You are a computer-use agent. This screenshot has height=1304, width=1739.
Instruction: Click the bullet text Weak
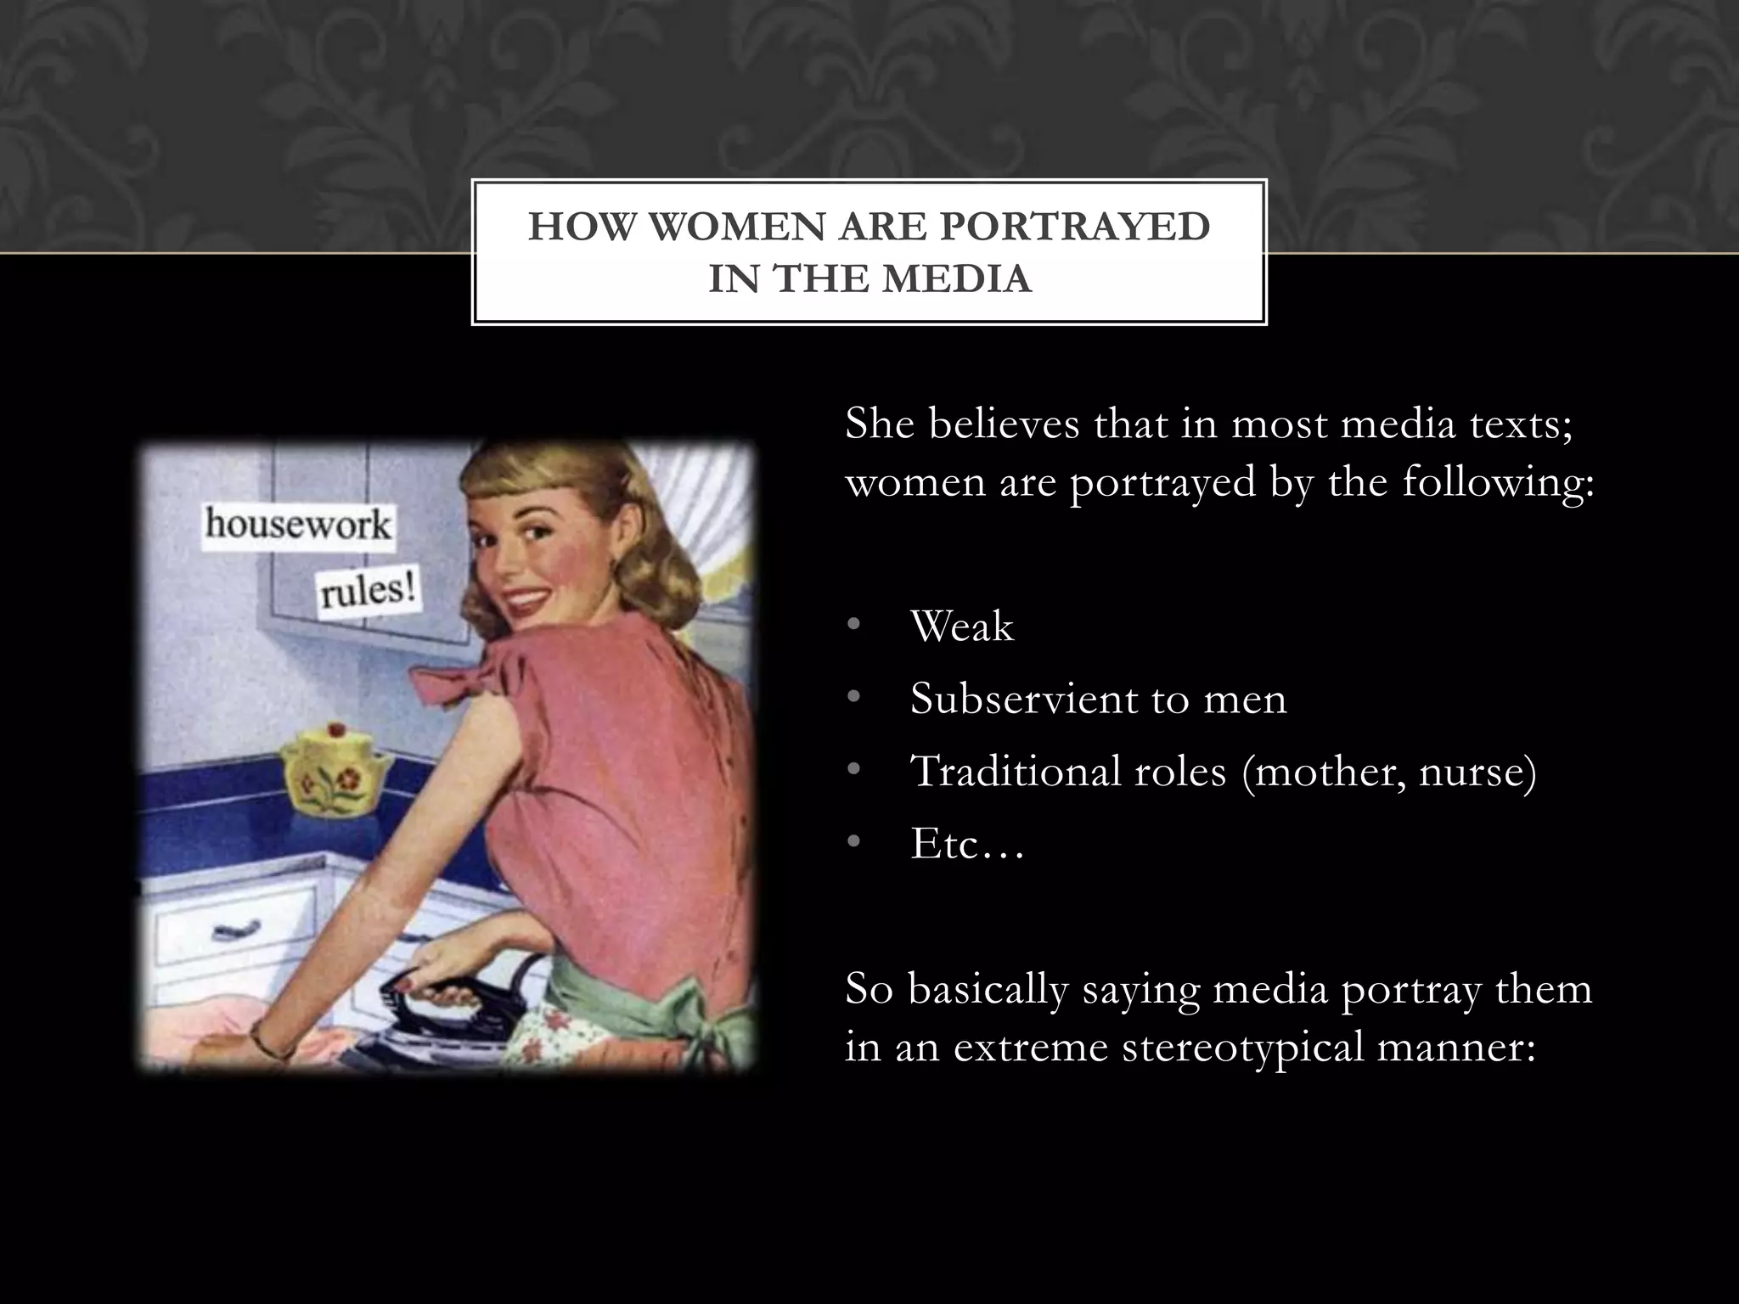click(x=961, y=627)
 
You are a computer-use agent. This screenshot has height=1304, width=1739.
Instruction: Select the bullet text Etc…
click(x=967, y=844)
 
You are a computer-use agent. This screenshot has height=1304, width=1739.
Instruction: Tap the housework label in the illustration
click(x=297, y=524)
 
